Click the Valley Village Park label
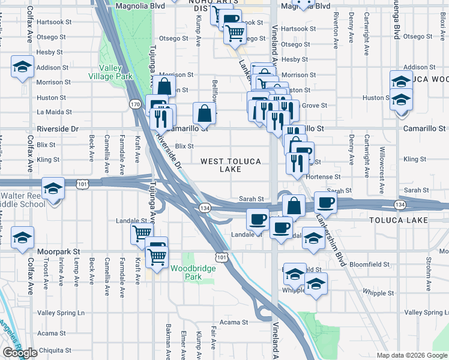110,72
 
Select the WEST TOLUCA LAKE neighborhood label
231,166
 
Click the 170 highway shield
135,104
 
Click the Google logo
20,353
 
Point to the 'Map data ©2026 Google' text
412,355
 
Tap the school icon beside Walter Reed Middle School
53,190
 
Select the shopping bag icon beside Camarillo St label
205,113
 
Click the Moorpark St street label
59,252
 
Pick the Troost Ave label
46,272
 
